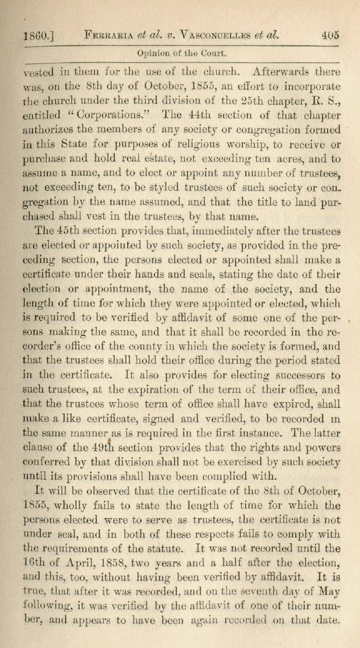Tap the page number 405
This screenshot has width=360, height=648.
(330, 35)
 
